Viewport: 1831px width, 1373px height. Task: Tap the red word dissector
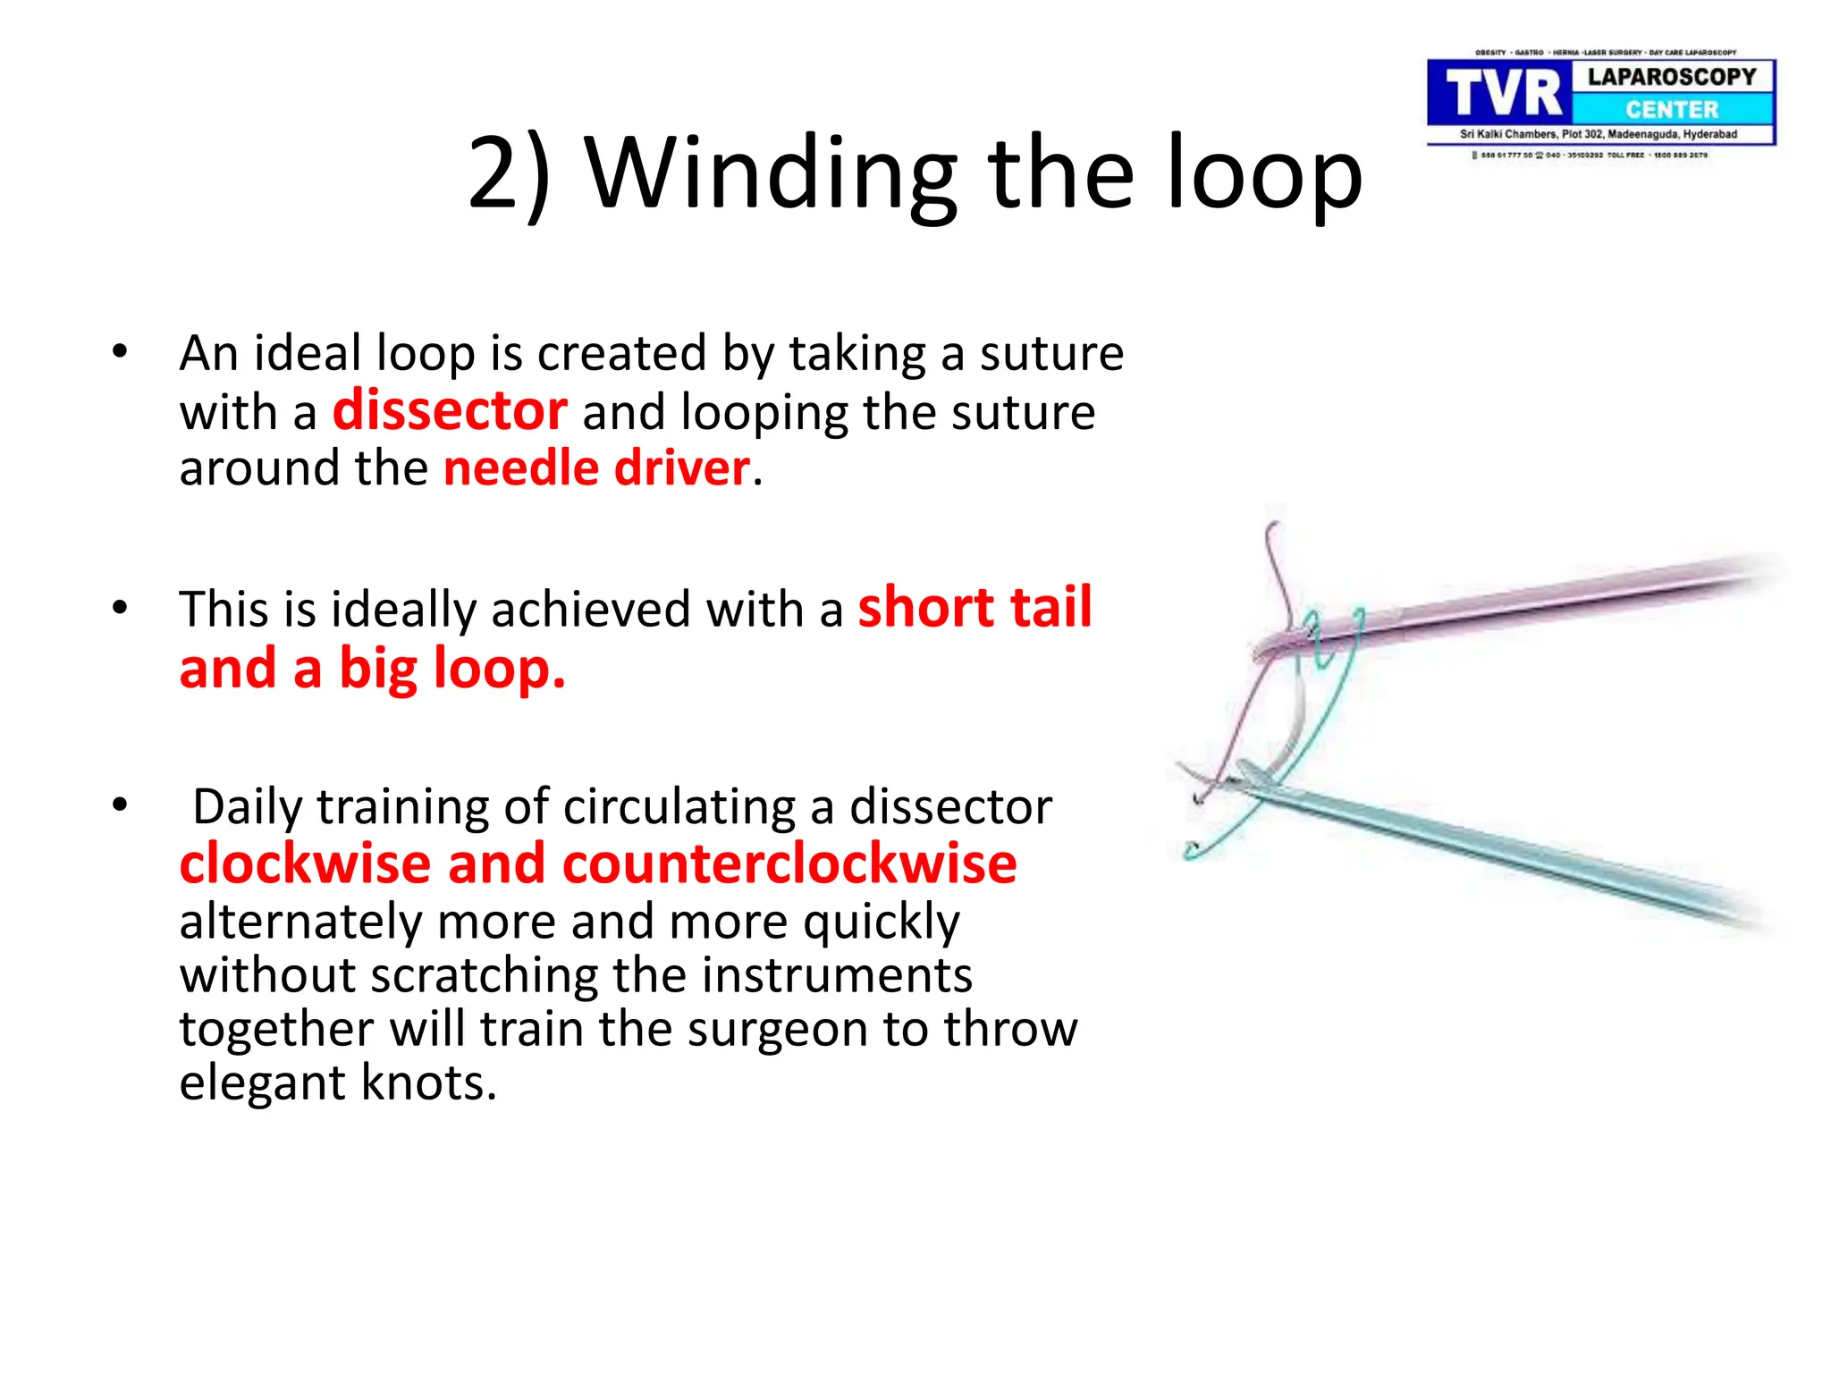(x=450, y=411)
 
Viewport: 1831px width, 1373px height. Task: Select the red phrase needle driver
(x=597, y=468)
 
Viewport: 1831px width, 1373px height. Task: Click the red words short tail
(x=975, y=608)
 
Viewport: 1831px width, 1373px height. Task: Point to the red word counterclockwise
(x=789, y=864)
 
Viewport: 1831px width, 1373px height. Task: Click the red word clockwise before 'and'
(x=305, y=864)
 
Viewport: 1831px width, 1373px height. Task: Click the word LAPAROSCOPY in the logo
(x=1671, y=77)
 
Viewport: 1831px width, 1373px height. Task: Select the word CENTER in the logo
(x=1671, y=110)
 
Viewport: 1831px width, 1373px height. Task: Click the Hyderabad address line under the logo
(x=1598, y=134)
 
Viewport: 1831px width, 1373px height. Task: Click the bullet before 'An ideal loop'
(x=120, y=351)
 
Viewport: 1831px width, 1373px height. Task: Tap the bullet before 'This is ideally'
(x=120, y=608)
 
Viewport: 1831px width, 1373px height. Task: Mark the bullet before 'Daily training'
(x=120, y=805)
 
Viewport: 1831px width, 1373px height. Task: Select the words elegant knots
(x=337, y=1083)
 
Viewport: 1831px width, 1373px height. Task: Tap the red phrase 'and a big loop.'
(x=372, y=669)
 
